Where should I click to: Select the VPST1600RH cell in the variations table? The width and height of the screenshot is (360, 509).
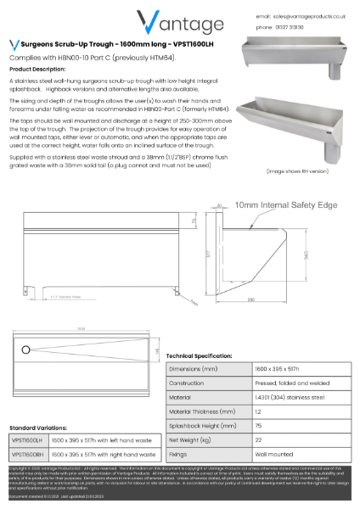click(29, 454)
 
